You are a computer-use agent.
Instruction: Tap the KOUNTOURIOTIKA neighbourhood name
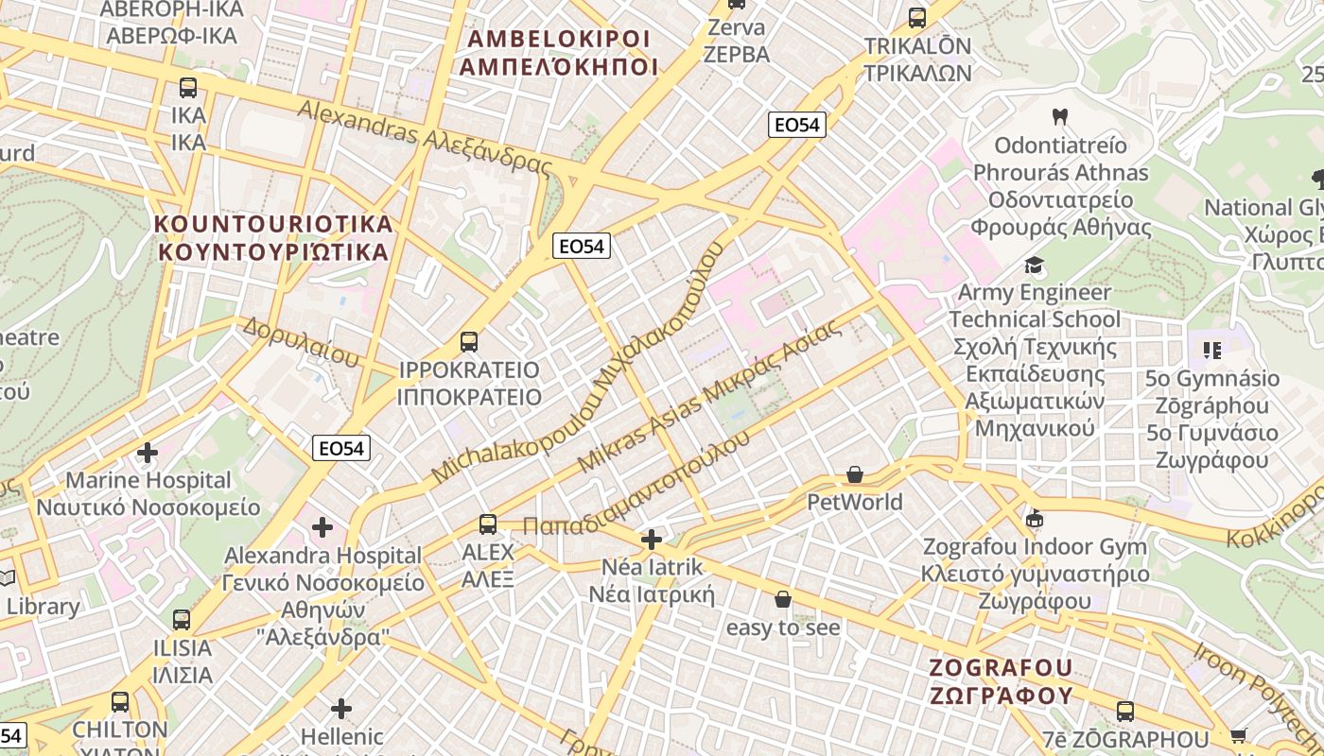273,238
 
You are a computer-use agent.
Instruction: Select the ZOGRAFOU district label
1001,681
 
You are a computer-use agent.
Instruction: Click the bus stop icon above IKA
188,88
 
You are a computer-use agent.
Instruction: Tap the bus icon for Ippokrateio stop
468,342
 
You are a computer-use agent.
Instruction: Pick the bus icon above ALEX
488,524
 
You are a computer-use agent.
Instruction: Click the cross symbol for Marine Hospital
148,453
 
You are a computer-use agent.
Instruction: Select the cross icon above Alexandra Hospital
322,527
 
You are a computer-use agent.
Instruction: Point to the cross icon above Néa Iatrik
652,540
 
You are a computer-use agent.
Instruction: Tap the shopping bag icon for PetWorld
855,474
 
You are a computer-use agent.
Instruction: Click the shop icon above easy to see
782,599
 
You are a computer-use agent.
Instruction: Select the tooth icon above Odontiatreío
1060,117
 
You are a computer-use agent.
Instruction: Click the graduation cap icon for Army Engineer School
1035,266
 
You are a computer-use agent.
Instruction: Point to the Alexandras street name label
424,137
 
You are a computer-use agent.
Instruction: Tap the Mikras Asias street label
708,397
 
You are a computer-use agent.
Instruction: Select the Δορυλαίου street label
302,342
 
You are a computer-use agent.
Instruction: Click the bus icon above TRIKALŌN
916,18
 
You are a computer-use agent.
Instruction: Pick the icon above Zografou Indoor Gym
1035,519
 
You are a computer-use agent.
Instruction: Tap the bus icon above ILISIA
182,621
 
